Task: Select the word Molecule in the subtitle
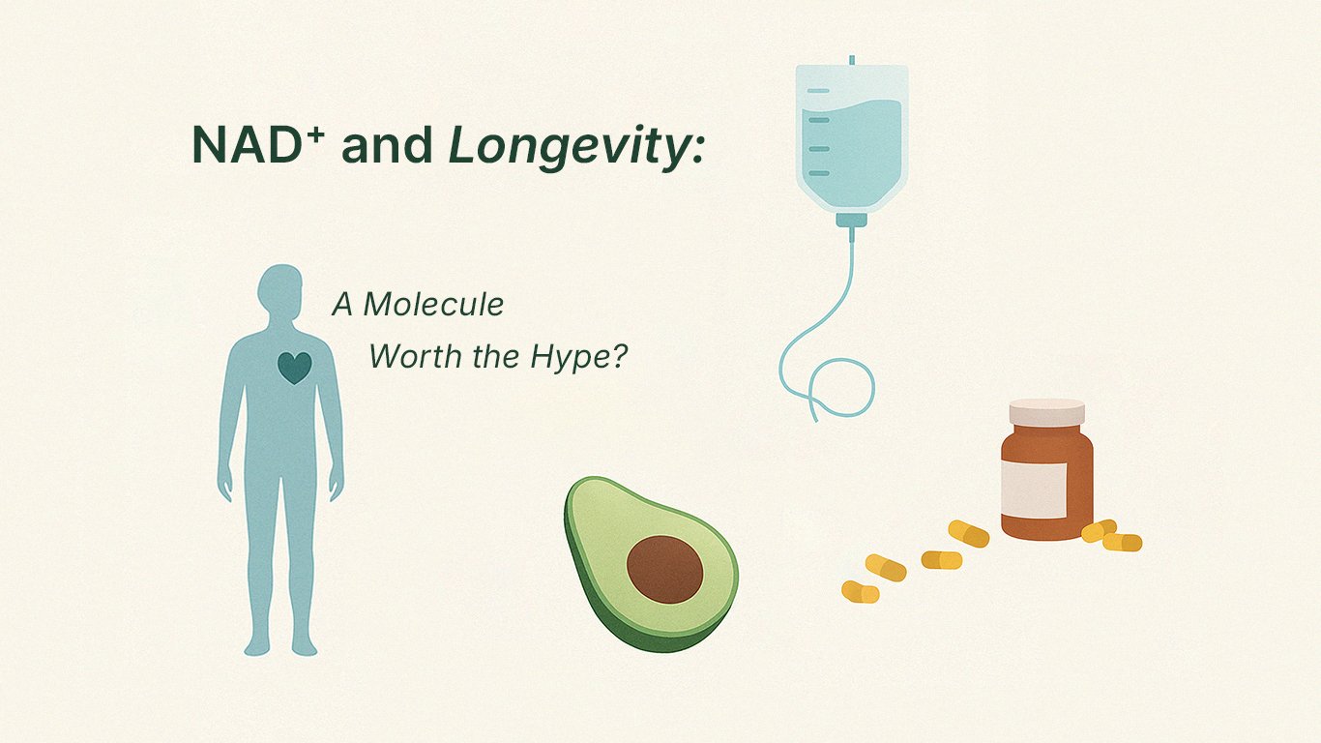pyautogui.click(x=433, y=305)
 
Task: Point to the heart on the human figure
pyautogui.click(x=294, y=367)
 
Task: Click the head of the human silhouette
pyautogui.click(x=280, y=290)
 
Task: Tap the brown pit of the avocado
pyautogui.click(x=665, y=569)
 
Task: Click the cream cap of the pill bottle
pyautogui.click(x=1046, y=412)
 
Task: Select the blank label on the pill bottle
pyautogui.click(x=1035, y=490)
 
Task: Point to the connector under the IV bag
pyautogui.click(x=852, y=221)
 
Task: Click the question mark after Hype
pyautogui.click(x=619, y=355)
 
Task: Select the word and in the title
pyautogui.click(x=387, y=145)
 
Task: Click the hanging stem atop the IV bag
pyautogui.click(x=852, y=60)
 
